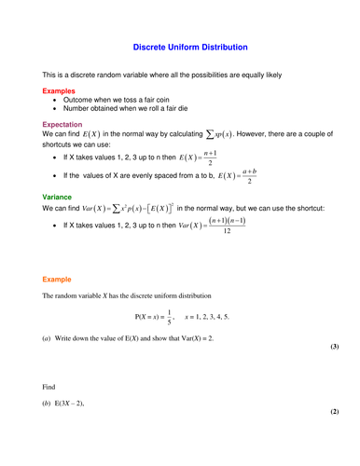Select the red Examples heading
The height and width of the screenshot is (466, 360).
(59, 90)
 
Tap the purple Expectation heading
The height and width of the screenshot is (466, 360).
(62, 123)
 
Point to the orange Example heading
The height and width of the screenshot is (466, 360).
(59, 279)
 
